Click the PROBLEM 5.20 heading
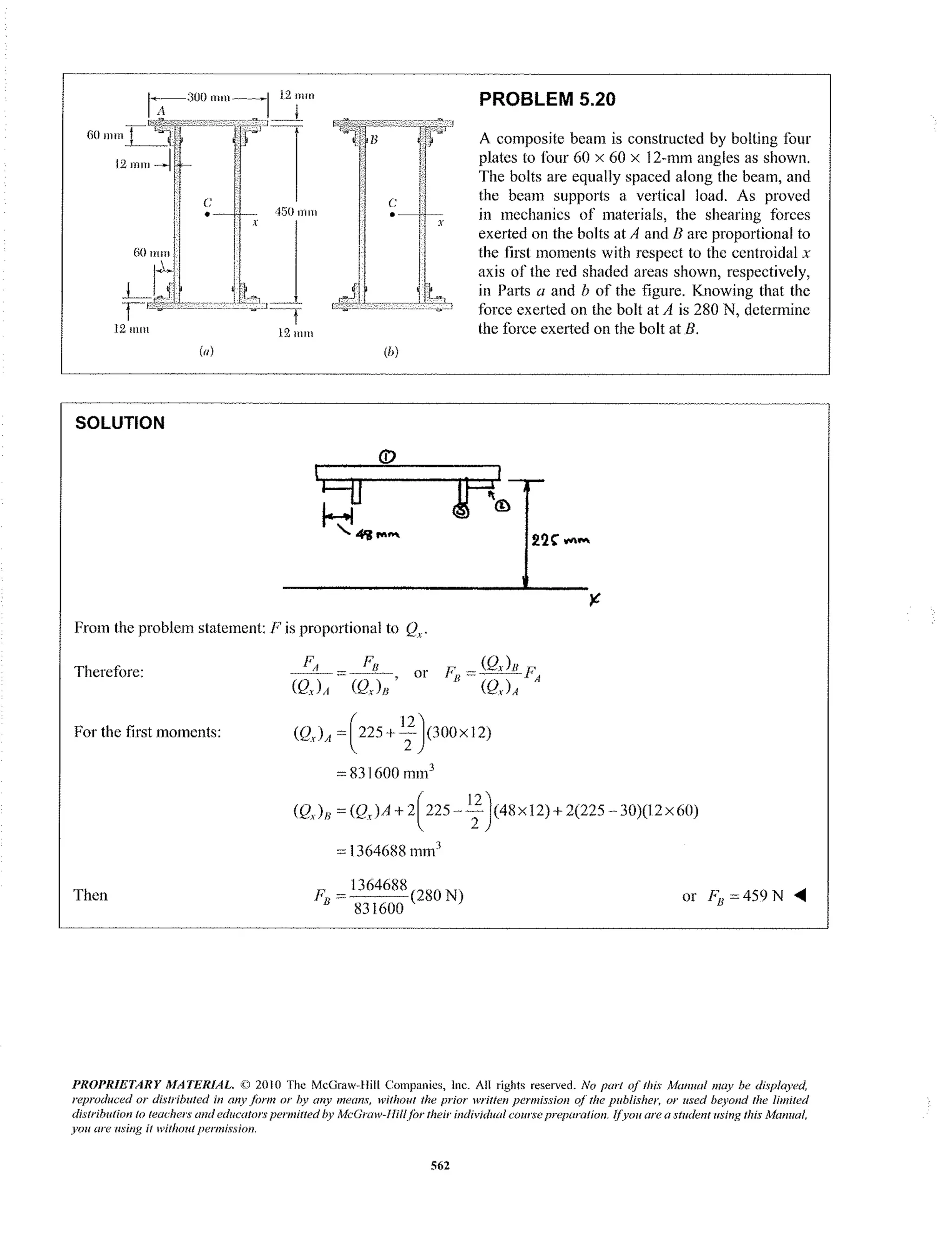[x=547, y=99]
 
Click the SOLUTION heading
[x=119, y=423]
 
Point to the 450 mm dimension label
[x=295, y=212]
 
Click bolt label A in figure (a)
[x=161, y=112]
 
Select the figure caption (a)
[x=206, y=351]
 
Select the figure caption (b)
[x=391, y=352]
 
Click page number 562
[x=440, y=1165]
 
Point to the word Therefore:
[x=109, y=672]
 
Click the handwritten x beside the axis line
[x=594, y=599]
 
